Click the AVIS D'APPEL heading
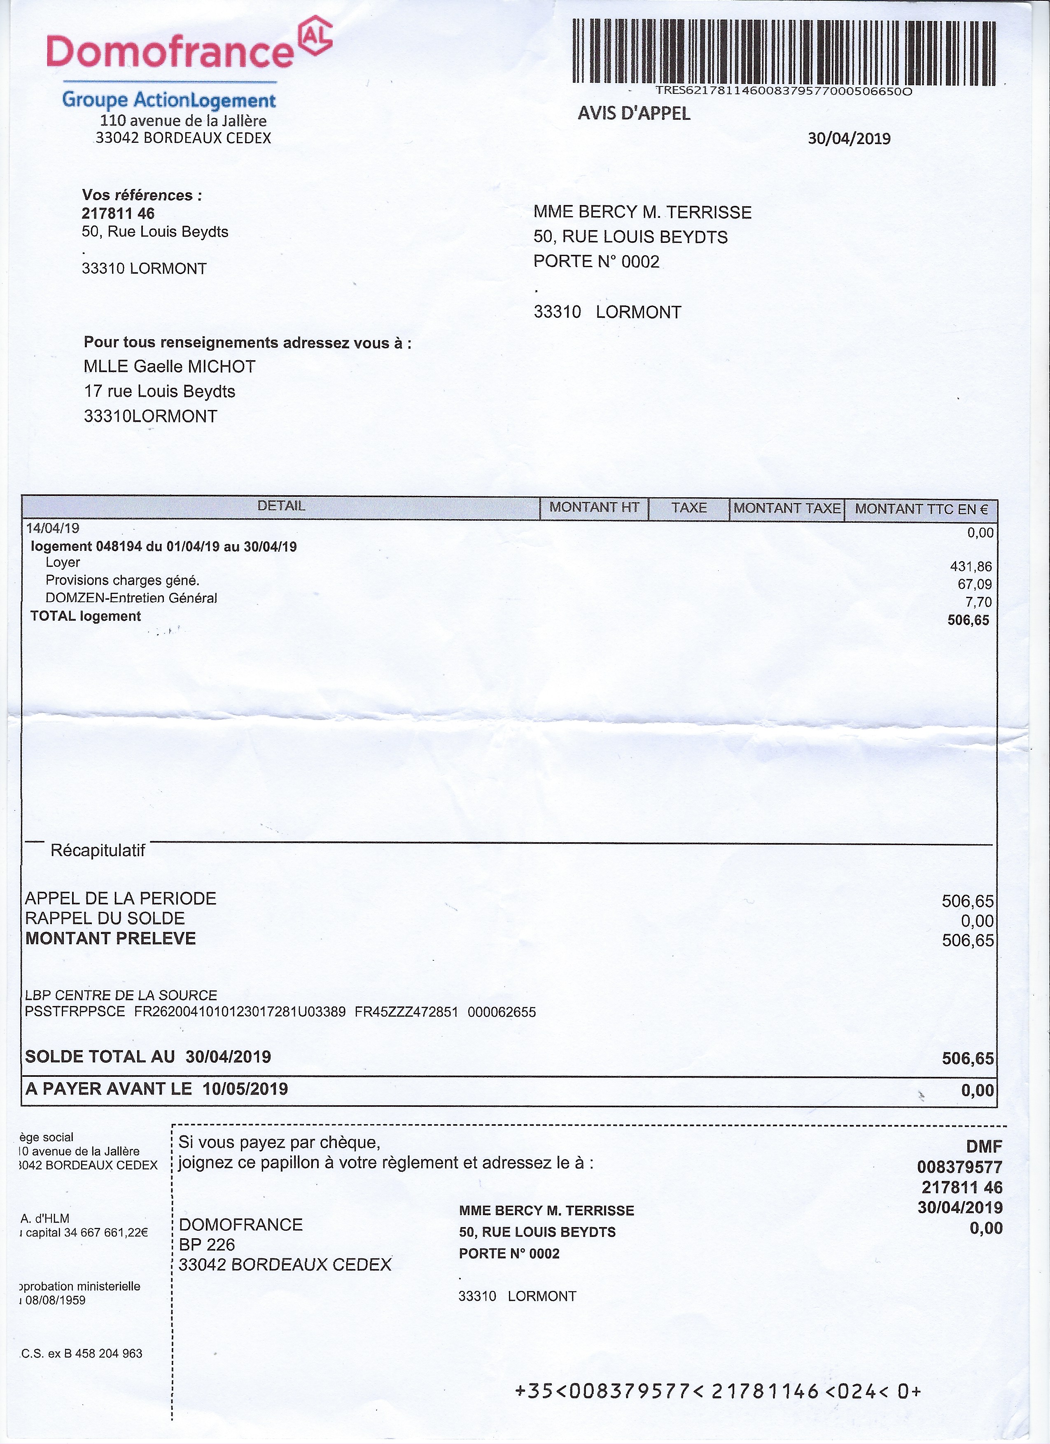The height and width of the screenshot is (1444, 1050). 634,113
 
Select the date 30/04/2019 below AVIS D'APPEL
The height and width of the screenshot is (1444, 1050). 849,139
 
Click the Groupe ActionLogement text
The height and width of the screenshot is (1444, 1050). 169,100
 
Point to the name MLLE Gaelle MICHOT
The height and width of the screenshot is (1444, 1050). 169,367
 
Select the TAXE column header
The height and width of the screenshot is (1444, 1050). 688,508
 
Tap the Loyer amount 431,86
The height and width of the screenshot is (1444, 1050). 971,566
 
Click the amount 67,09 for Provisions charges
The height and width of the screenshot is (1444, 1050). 974,584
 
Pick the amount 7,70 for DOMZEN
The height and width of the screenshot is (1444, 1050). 979,602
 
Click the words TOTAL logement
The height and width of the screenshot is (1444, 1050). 85,616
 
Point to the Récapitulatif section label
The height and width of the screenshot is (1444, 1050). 98,850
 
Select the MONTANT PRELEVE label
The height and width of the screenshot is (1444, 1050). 110,939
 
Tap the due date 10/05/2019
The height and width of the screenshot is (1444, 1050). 245,1089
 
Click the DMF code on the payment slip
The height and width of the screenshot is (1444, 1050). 984,1147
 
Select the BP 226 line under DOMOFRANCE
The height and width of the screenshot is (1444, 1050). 207,1245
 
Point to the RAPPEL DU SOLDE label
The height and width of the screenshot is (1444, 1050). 105,918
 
